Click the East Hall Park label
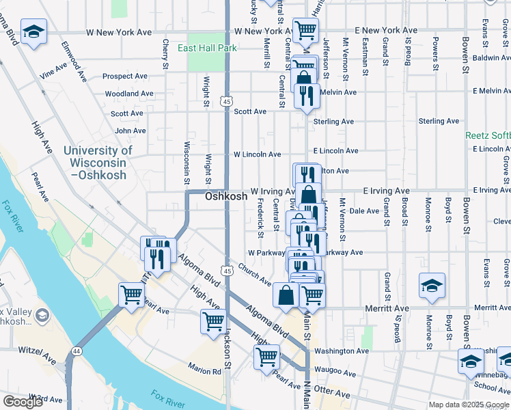(207, 49)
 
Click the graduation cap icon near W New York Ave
(33, 32)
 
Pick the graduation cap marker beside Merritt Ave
(432, 286)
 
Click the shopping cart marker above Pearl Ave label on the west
(131, 295)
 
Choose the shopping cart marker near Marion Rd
(266, 356)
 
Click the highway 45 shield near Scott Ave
(227, 101)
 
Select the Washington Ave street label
(342, 351)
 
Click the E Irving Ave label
(386, 191)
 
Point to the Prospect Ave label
(126, 77)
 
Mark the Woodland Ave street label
(129, 94)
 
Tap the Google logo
(23, 402)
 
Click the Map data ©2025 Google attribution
(468, 405)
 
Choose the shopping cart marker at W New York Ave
(305, 29)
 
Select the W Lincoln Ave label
(257, 155)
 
